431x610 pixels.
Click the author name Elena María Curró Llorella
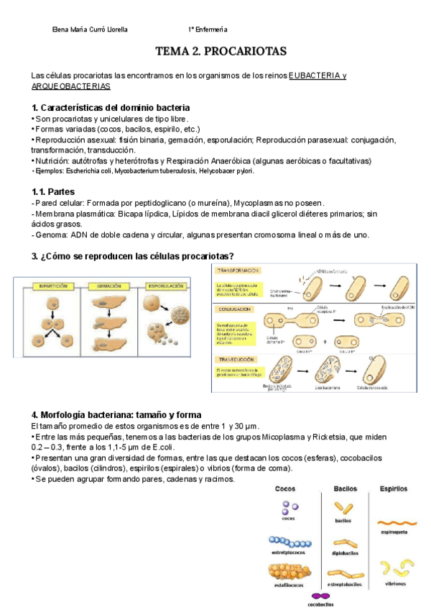[x=91, y=29]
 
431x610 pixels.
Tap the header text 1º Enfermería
[x=208, y=29]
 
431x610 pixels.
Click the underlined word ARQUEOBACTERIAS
[x=71, y=86]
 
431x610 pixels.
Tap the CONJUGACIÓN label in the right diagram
[x=238, y=309]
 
